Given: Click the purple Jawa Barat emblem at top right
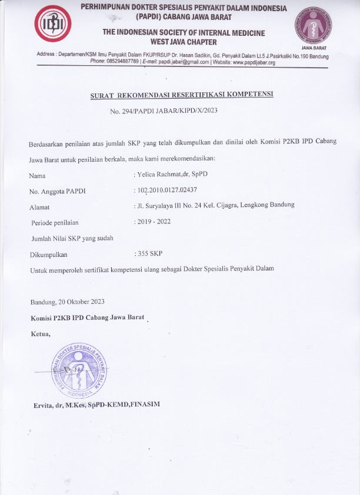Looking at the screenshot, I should (312, 25).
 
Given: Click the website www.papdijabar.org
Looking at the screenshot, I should (254, 62).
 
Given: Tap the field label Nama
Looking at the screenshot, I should (37, 175).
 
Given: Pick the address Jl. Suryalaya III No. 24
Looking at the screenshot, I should (176, 205).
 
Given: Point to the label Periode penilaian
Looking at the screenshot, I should (55, 222).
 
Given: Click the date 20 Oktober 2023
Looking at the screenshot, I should (82, 302).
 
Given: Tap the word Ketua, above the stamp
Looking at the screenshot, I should (41, 334).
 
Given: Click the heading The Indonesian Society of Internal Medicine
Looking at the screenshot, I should (183, 32).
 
